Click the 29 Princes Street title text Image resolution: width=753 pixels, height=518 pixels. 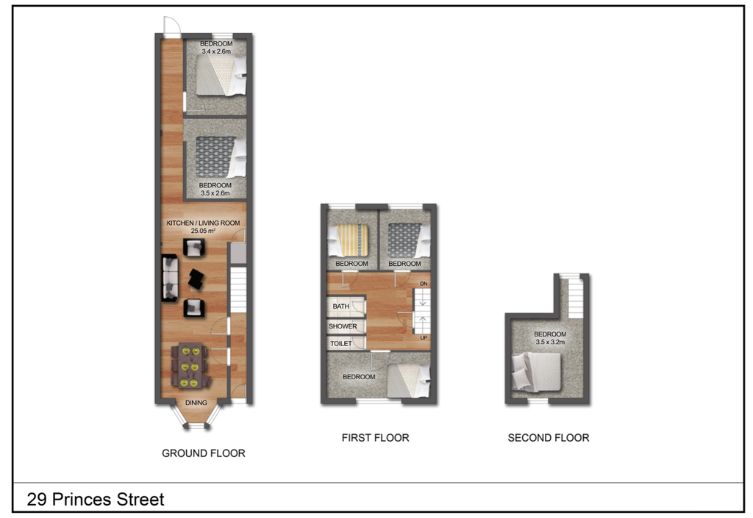(96, 500)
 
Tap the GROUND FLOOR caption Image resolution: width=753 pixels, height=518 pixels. (203, 453)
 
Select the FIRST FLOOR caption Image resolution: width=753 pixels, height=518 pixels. (375, 438)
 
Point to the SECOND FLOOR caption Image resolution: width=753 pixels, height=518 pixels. (548, 438)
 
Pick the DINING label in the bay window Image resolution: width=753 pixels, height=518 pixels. (196, 403)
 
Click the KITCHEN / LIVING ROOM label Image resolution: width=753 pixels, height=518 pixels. (203, 223)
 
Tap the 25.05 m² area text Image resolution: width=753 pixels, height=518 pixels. (203, 231)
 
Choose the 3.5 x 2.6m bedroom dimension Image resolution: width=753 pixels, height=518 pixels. (216, 194)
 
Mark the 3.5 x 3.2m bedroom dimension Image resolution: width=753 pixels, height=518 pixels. (550, 342)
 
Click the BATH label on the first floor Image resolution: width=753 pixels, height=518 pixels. (341, 306)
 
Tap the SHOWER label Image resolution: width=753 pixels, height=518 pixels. (343, 326)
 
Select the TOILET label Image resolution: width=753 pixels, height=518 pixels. (341, 343)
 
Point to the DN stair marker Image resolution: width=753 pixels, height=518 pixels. (424, 284)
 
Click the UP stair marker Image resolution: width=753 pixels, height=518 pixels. (424, 338)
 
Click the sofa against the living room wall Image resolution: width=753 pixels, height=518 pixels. (169, 278)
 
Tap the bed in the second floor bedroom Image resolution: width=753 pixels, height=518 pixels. (540, 370)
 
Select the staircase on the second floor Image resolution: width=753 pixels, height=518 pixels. (572, 298)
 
